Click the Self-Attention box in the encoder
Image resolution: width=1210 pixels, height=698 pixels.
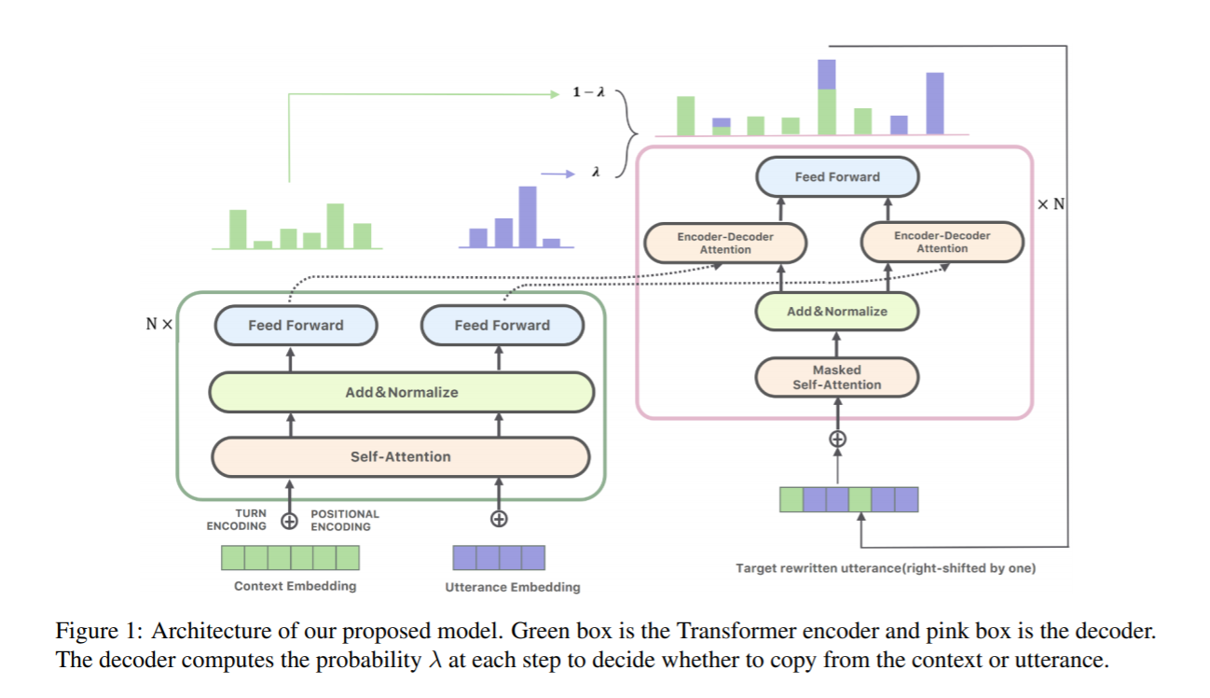point(401,456)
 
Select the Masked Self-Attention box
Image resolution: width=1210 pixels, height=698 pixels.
point(836,377)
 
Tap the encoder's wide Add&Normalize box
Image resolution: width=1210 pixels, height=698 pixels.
point(402,392)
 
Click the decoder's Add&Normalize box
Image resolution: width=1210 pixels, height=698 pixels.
point(836,311)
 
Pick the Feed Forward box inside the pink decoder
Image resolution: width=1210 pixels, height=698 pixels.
point(836,176)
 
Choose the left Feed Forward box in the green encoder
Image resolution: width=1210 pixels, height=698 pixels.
point(296,326)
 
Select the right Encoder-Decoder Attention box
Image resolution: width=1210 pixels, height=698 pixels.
point(942,243)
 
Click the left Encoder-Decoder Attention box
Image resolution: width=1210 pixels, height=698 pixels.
point(724,243)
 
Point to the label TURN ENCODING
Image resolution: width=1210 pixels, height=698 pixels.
point(237,520)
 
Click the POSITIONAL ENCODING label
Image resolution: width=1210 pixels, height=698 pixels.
point(345,520)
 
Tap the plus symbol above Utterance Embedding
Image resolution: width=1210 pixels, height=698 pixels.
point(499,519)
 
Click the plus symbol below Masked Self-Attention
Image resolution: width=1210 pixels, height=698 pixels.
point(837,439)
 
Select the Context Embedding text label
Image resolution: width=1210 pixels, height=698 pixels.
point(295,586)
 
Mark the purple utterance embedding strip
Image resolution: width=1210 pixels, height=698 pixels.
point(499,558)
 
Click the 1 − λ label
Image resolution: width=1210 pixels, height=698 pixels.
point(589,93)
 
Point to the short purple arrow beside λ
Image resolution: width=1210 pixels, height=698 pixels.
point(558,173)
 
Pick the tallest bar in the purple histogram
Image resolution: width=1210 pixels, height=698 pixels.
point(528,215)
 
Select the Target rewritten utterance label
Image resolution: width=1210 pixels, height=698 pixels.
point(885,567)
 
